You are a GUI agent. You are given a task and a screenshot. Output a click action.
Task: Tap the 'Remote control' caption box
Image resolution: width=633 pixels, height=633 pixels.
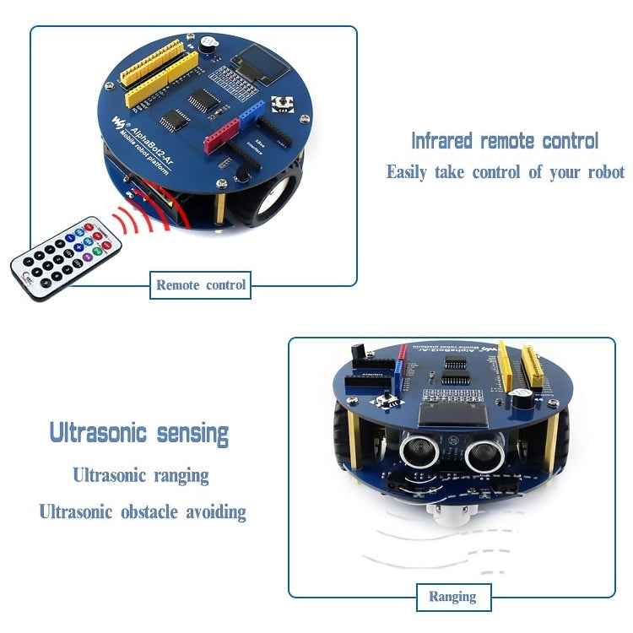(201, 285)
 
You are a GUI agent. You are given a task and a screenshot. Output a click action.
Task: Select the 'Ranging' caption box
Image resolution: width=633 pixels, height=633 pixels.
(452, 597)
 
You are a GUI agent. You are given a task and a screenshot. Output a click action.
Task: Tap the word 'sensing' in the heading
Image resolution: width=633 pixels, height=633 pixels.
(192, 434)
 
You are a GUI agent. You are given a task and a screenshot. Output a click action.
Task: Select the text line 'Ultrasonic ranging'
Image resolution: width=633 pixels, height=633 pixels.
(140, 475)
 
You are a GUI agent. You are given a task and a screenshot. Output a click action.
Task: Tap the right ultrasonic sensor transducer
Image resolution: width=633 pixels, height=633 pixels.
(480, 456)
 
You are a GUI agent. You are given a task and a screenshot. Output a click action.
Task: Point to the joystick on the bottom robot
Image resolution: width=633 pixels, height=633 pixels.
(387, 398)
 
